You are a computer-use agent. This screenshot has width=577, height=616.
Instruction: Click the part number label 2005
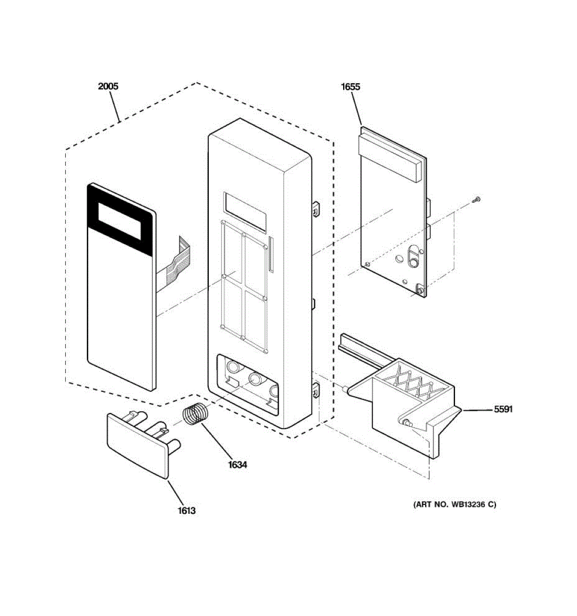[x=108, y=86]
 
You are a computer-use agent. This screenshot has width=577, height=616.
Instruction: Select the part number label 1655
[x=350, y=87]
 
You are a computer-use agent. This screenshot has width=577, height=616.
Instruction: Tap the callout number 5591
[x=503, y=410]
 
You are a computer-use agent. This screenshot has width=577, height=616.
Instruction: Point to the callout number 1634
[x=237, y=465]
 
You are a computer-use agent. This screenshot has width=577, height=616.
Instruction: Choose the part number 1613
[x=187, y=510]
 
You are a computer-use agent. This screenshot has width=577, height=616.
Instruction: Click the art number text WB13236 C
[x=455, y=505]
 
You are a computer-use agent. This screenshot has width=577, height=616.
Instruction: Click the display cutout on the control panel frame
[x=245, y=211]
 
